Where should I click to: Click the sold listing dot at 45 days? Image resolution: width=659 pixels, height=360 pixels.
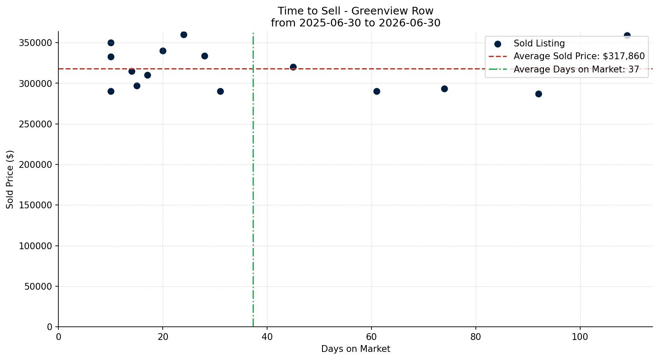tap(293, 67)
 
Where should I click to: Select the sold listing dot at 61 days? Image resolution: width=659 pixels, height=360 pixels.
tap(377, 92)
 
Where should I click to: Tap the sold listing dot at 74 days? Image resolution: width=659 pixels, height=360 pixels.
tap(444, 89)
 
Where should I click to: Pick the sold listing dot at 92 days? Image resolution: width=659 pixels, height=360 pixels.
tap(538, 94)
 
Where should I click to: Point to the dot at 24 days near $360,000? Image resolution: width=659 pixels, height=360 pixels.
tap(184, 35)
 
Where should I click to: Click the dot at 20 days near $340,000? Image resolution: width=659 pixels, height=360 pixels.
tap(163, 51)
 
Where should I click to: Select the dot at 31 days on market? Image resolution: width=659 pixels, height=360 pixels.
tap(220, 92)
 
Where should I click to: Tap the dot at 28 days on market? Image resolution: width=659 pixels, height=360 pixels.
tap(204, 56)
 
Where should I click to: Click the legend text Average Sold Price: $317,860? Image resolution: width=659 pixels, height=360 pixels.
tap(579, 56)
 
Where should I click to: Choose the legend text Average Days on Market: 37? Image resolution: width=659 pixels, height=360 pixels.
tap(576, 69)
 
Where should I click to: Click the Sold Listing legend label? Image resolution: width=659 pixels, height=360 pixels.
tap(539, 43)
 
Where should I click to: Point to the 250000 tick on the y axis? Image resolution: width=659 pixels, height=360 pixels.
tap(36, 124)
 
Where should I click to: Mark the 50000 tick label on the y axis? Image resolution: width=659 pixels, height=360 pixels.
tap(38, 286)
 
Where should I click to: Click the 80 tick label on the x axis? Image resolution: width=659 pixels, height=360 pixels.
tap(476, 337)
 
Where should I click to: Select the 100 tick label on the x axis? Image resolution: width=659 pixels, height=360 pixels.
tap(580, 337)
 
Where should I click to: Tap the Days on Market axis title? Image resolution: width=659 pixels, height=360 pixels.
tap(355, 349)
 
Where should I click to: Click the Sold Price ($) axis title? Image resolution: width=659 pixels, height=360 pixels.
tap(10, 179)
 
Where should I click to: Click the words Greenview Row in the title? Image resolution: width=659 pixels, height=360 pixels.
tap(392, 11)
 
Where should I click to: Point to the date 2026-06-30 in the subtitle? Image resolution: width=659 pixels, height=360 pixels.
tap(409, 23)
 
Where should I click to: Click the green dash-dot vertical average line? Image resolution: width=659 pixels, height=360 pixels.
tap(253, 180)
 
